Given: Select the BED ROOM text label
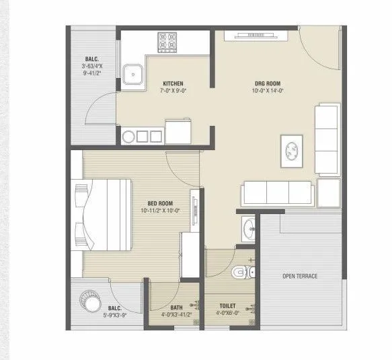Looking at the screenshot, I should click(160, 203).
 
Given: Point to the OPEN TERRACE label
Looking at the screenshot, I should click(299, 277).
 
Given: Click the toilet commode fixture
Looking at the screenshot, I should click(240, 271).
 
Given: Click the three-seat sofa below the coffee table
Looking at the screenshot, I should click(277, 193).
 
